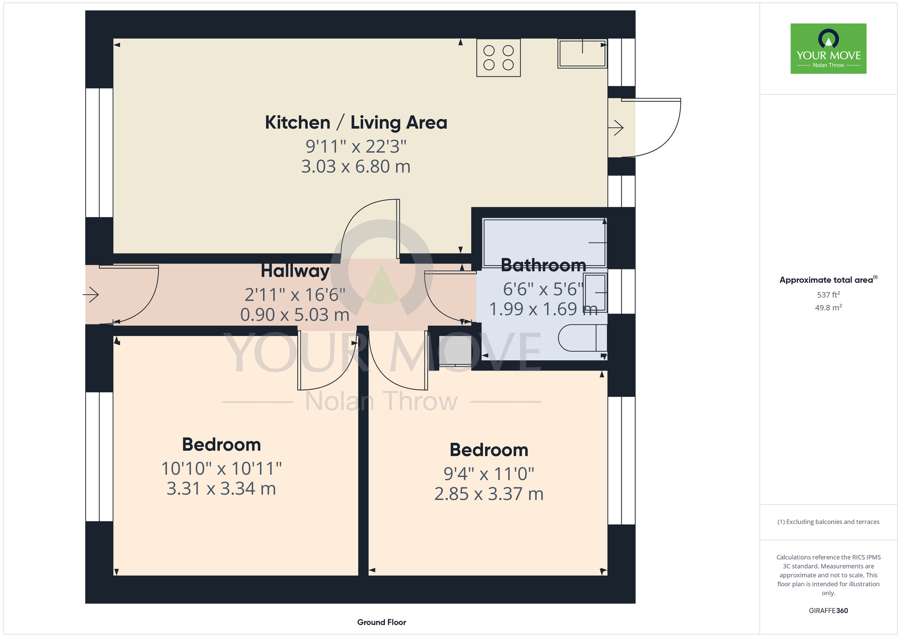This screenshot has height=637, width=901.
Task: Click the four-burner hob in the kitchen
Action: (499, 58)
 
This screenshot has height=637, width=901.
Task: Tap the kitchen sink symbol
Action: (582, 53)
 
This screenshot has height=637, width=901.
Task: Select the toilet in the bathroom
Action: (582, 338)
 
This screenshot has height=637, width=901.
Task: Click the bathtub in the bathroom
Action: (545, 243)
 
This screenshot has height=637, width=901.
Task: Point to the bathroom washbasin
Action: (596, 293)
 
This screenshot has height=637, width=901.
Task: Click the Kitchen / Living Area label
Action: (356, 123)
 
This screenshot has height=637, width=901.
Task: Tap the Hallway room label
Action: (295, 271)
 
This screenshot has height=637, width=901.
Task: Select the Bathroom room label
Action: (543, 265)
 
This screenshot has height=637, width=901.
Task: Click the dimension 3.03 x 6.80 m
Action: (356, 167)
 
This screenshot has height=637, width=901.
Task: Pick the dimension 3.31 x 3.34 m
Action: (221, 488)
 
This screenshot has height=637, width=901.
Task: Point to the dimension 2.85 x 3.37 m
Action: (489, 494)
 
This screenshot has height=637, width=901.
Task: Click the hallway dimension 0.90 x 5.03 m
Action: (295, 315)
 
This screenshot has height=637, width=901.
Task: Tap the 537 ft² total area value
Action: (828, 295)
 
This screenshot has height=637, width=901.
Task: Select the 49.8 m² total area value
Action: (828, 308)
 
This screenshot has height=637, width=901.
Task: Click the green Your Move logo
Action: (828, 49)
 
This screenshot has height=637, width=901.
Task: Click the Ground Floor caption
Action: (382, 622)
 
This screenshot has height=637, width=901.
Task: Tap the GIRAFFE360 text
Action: (828, 611)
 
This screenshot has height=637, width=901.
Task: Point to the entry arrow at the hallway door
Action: (91, 295)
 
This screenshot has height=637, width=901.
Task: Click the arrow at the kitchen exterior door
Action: (615, 128)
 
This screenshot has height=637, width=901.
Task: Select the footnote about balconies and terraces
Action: (828, 522)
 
